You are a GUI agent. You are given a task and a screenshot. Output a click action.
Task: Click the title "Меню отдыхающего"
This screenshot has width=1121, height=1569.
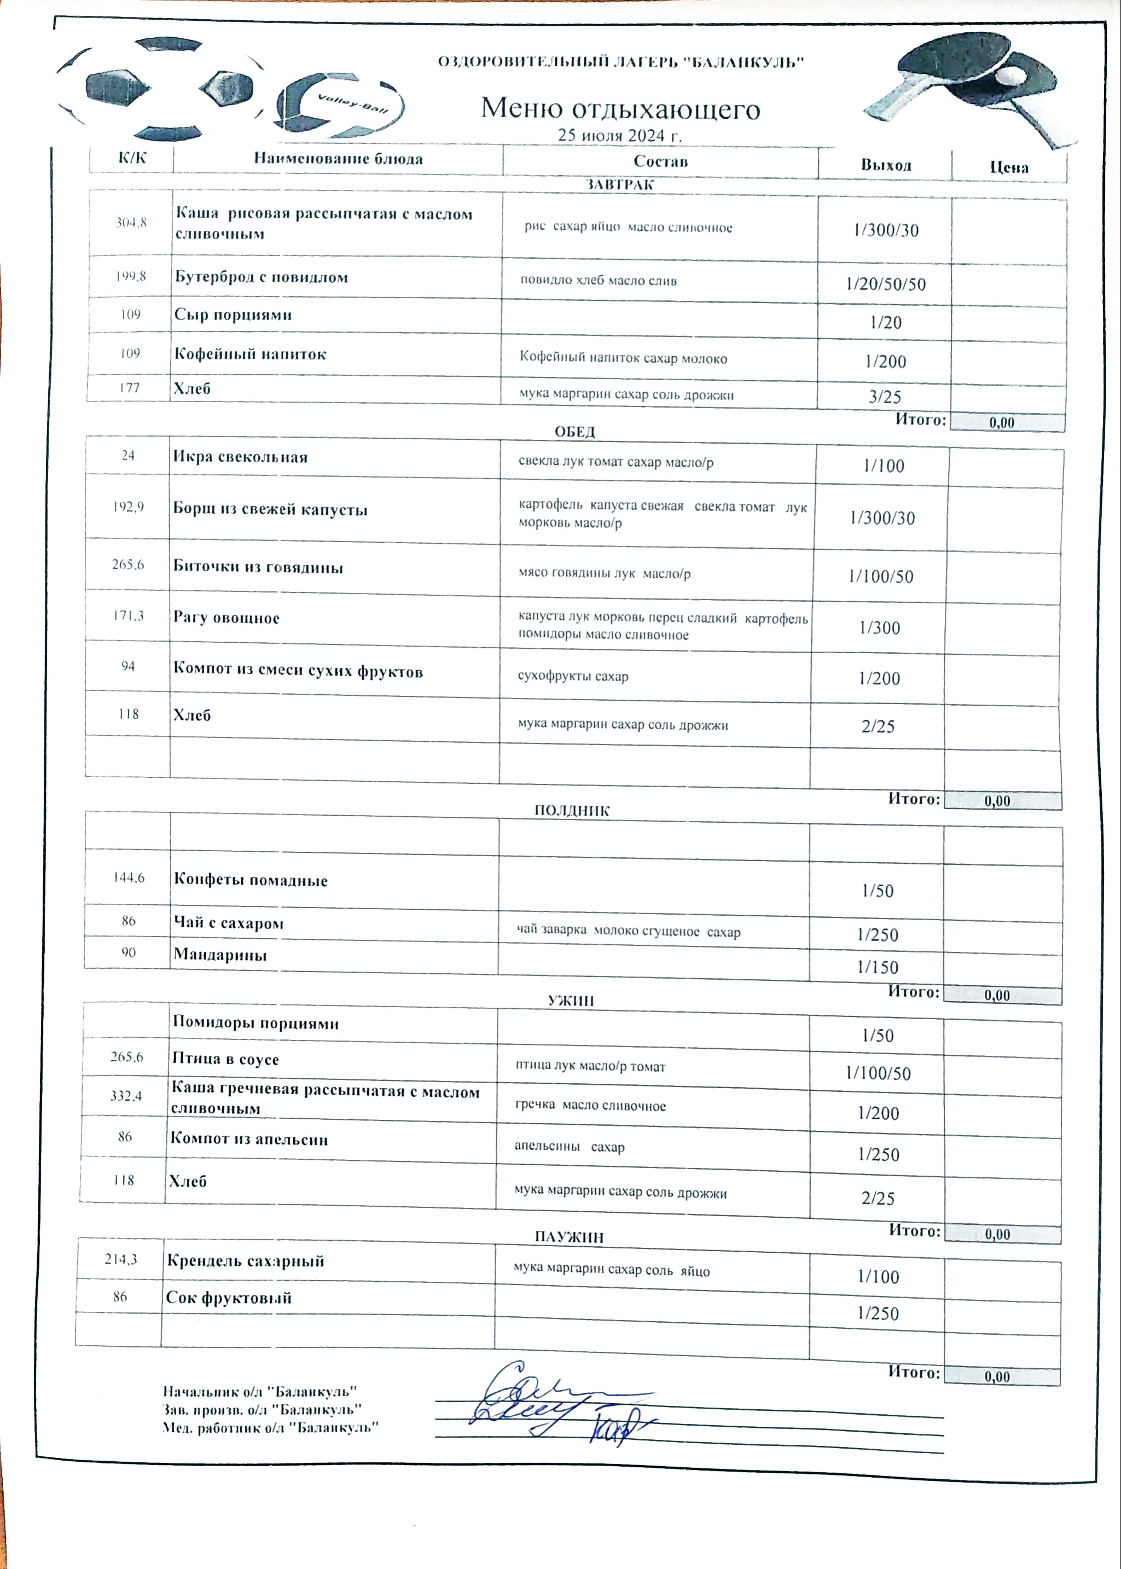point(620,108)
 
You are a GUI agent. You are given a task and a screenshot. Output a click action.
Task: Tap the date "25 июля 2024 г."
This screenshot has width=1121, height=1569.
point(619,135)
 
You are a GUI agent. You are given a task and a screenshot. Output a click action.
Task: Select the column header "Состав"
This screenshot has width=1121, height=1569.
point(660,161)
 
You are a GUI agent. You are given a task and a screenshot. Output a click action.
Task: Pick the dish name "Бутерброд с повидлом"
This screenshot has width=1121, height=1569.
point(261,277)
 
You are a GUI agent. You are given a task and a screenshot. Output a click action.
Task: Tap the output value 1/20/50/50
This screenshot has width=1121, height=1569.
point(886,284)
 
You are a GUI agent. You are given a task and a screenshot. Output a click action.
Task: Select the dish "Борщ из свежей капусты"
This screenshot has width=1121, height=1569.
point(270,510)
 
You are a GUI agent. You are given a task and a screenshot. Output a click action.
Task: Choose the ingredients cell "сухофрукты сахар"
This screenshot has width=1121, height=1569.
point(573,677)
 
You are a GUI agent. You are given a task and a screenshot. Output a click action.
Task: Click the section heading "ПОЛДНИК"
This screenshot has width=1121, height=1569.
point(572,811)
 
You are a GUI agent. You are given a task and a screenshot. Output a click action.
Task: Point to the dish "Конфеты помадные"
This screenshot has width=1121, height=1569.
point(251,880)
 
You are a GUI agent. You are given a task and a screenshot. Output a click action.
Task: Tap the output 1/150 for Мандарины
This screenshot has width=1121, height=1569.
point(878,967)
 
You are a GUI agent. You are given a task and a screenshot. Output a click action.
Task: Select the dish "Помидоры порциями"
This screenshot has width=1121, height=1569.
point(255,1023)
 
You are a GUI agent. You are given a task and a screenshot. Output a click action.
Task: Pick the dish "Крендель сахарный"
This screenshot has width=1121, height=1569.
point(245,1261)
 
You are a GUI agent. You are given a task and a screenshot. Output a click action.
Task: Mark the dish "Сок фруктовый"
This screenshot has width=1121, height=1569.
point(229,1298)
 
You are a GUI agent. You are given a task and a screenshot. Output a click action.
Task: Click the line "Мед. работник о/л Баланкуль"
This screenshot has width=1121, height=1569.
point(271,1427)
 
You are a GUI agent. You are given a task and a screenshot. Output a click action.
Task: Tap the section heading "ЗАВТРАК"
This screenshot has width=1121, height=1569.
point(619,185)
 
